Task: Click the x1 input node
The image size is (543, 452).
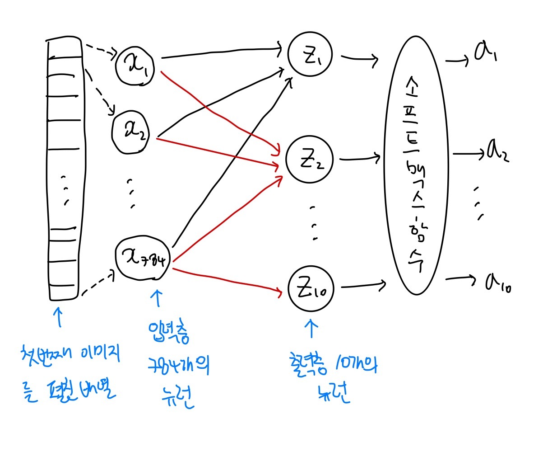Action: click(x=135, y=66)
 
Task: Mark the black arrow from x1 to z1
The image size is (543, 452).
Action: click(x=221, y=51)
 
